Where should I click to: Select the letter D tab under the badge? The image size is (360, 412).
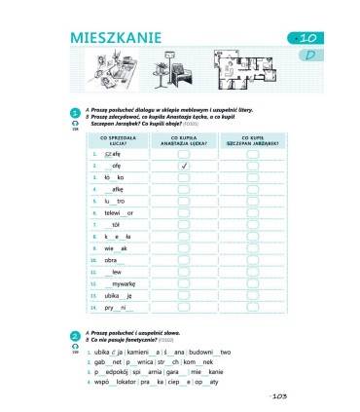(308, 56)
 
